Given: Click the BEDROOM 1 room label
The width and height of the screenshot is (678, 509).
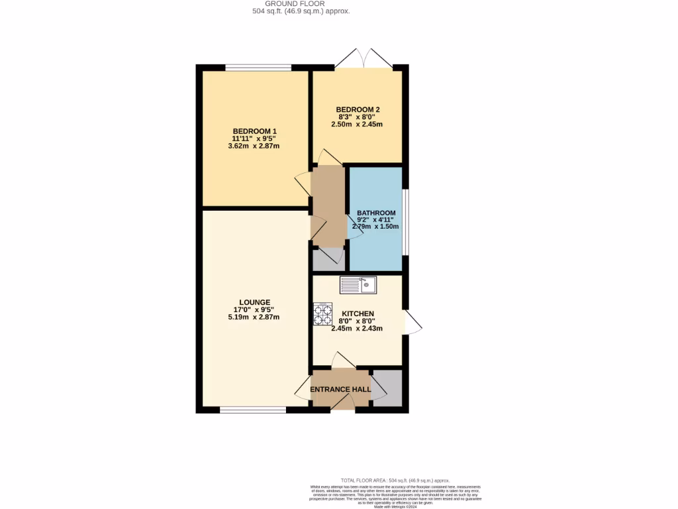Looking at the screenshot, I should (255, 131).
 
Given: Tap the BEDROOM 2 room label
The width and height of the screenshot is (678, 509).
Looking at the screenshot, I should (358, 109).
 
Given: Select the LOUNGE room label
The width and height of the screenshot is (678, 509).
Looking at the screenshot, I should (255, 302).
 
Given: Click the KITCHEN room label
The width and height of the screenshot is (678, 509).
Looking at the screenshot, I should (358, 313).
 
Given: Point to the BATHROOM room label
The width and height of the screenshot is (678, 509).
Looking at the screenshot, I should (376, 213).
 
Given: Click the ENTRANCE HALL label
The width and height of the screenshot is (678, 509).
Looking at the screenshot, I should (341, 389).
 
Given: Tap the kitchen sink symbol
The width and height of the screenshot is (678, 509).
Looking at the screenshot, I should (358, 285).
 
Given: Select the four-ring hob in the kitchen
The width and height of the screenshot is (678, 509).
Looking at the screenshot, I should (322, 314).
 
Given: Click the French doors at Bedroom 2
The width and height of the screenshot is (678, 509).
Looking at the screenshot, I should (358, 58).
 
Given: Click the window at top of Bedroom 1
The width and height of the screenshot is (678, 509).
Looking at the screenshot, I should (258, 67).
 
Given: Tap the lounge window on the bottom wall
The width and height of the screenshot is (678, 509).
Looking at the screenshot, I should (253, 410).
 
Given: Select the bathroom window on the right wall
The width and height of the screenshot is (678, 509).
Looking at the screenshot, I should (405, 222).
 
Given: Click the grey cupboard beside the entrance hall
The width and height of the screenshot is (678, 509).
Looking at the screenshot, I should (388, 388).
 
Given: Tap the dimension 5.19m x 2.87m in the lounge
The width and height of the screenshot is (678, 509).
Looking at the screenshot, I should (255, 317).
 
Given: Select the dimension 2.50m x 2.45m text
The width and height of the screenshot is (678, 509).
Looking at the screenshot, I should (358, 124).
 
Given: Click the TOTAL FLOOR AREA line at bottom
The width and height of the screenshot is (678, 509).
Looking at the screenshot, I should (395, 481).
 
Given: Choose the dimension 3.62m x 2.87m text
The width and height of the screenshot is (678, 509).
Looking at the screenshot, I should (255, 146).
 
